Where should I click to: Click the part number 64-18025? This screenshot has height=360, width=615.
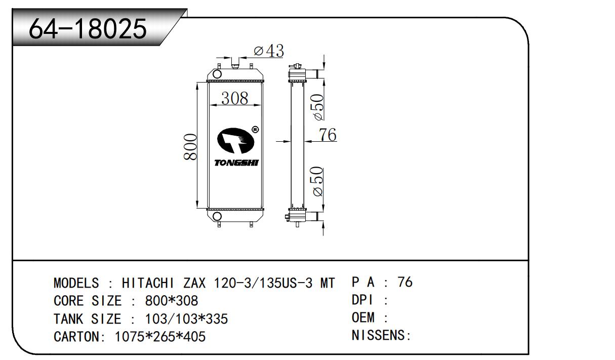tap(88, 28)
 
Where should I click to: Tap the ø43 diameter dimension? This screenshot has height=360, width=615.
tap(269, 51)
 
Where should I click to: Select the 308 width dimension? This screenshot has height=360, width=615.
tap(235, 98)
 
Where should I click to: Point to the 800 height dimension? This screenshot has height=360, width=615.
tap(190, 147)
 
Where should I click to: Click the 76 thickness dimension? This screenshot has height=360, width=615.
tap(327, 135)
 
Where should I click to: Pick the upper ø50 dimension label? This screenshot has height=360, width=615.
tap(318, 107)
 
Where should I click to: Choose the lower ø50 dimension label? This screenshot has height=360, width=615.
tap(318, 181)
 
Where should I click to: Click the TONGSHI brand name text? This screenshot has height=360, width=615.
tap(236, 163)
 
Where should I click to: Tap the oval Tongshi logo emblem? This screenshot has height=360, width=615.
tap(235, 140)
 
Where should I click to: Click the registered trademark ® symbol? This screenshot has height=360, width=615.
tap(255, 130)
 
